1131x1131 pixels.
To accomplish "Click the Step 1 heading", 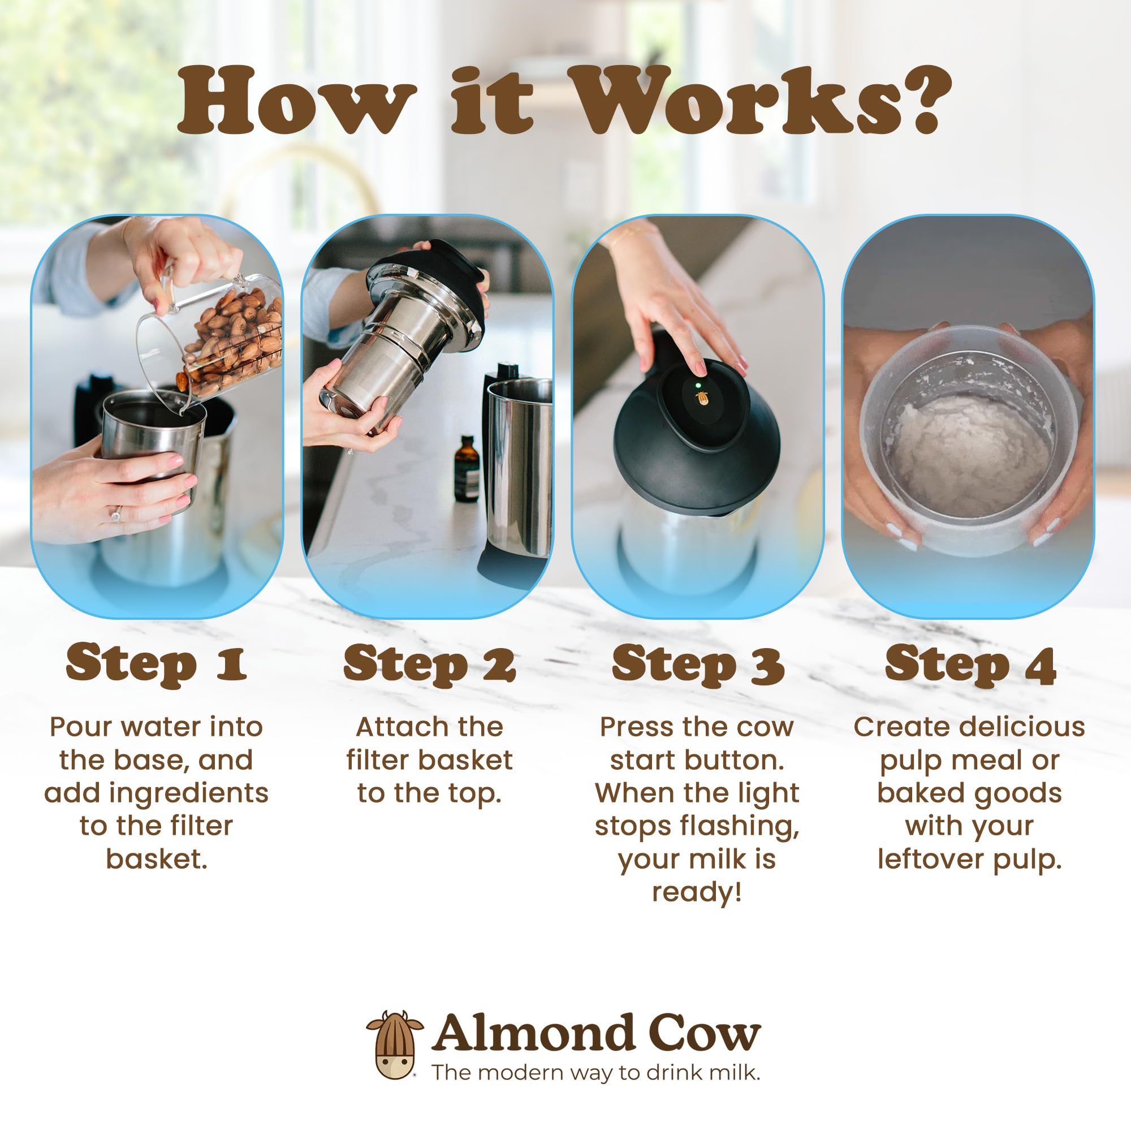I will pyautogui.click(x=156, y=663).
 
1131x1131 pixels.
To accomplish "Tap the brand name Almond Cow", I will pyautogui.click(x=596, y=1033).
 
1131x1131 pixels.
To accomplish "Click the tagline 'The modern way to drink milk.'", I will pyautogui.click(x=596, y=1072).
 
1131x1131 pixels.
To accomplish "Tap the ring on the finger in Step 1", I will pyautogui.click(x=116, y=515).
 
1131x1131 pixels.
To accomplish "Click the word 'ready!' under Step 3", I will pyautogui.click(x=697, y=892).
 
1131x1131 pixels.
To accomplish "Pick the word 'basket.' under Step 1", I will pyautogui.click(x=156, y=859).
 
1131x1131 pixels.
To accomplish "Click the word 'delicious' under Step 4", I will pyautogui.click(x=1017, y=727).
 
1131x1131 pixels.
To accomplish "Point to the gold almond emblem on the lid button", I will pyautogui.click(x=701, y=399).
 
